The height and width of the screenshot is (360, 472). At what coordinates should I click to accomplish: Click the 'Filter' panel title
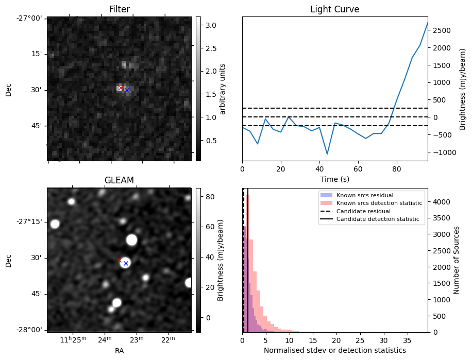(x=119, y=9)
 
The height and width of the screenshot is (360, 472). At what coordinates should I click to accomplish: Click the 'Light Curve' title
(x=334, y=9)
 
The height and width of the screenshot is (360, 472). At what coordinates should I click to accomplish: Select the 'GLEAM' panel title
(x=119, y=180)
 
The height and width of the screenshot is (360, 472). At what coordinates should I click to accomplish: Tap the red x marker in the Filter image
(x=121, y=88)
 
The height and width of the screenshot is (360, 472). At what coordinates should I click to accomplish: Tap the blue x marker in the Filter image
(x=127, y=90)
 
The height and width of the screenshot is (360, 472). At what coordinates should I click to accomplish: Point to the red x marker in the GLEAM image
(x=119, y=261)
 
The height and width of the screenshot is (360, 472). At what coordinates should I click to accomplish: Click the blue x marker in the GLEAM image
(x=126, y=263)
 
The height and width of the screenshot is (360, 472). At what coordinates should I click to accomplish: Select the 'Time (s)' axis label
(x=334, y=179)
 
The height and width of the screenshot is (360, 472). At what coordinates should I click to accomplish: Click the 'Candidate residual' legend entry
(x=364, y=211)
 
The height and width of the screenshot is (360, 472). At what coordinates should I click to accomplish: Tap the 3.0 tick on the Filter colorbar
(x=211, y=25)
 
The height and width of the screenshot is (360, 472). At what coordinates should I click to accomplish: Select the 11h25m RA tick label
(x=73, y=339)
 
